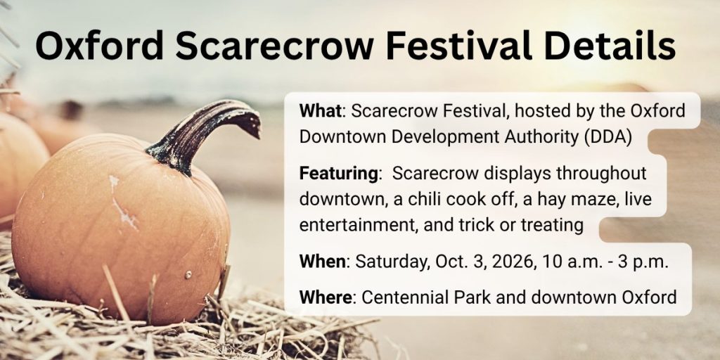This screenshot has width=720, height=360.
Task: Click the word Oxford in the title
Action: click(99, 45)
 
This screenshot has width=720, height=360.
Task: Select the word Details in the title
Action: click(609, 45)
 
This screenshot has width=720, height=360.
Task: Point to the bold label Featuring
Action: click(338, 174)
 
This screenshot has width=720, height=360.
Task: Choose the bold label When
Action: click(322, 262)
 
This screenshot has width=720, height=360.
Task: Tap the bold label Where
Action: click(326, 297)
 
